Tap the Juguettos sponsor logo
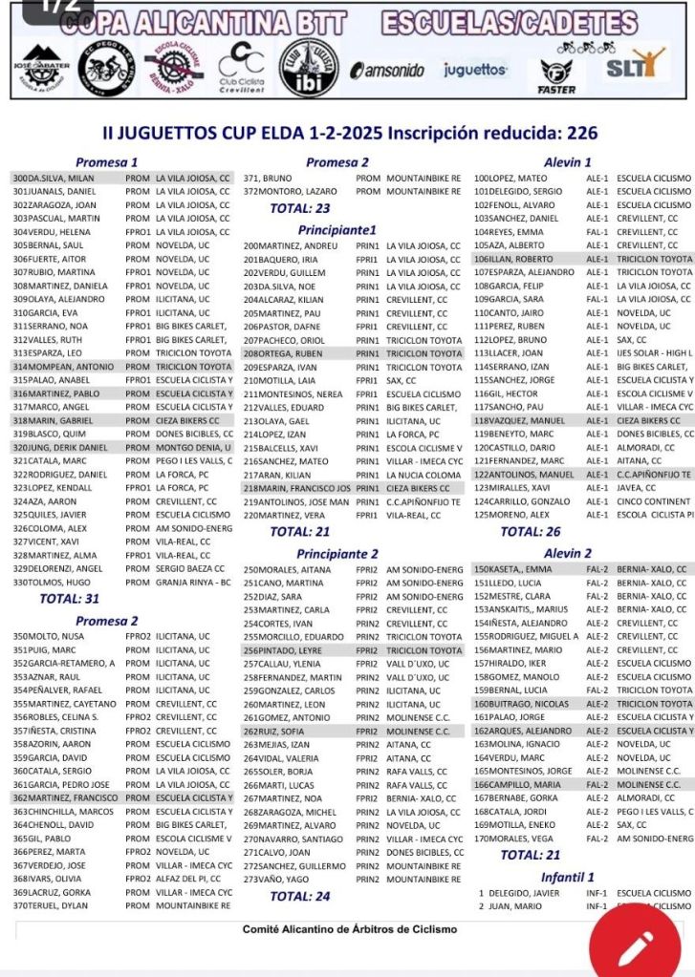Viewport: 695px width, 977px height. pyautogui.click(x=475, y=70)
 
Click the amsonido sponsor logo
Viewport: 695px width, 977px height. pyautogui.click(x=390, y=70)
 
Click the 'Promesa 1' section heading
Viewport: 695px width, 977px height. pyautogui.click(x=107, y=162)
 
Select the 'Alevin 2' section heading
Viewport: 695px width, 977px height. pyautogui.click(x=568, y=553)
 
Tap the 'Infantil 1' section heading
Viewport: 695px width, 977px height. pyautogui.click(x=568, y=877)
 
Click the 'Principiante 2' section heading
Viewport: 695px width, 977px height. pyautogui.click(x=337, y=553)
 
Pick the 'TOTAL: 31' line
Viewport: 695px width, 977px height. pyautogui.click(x=69, y=599)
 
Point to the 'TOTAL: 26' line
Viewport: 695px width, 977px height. pyautogui.click(x=531, y=531)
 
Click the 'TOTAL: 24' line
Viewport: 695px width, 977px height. pyautogui.click(x=300, y=896)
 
